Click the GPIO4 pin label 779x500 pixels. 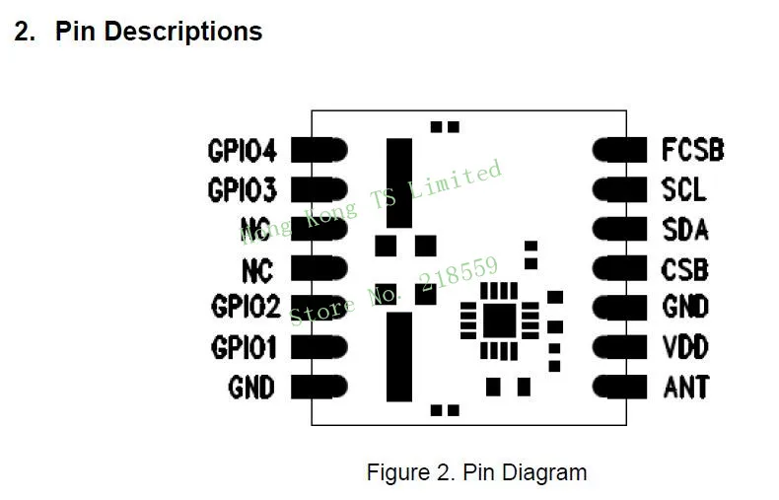(x=242, y=151)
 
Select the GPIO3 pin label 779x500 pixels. (x=242, y=190)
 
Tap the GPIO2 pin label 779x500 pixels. (x=246, y=306)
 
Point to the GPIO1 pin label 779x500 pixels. (x=244, y=347)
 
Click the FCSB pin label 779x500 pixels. (x=693, y=150)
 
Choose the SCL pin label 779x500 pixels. (x=683, y=189)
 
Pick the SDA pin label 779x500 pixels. (x=685, y=230)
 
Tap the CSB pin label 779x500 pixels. (x=684, y=270)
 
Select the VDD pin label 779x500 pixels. (x=685, y=347)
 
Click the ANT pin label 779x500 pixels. (x=686, y=388)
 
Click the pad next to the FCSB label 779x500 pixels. (x=619, y=150)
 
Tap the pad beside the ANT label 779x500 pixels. (x=619, y=387)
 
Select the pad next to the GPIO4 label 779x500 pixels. (x=319, y=150)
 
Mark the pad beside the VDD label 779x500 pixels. (x=619, y=347)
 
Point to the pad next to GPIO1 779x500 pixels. (x=319, y=347)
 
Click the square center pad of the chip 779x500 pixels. (x=499, y=321)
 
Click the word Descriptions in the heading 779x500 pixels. (x=183, y=32)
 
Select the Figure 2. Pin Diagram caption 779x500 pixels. (x=476, y=472)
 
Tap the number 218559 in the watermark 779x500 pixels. (x=459, y=275)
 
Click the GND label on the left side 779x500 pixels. (x=251, y=388)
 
